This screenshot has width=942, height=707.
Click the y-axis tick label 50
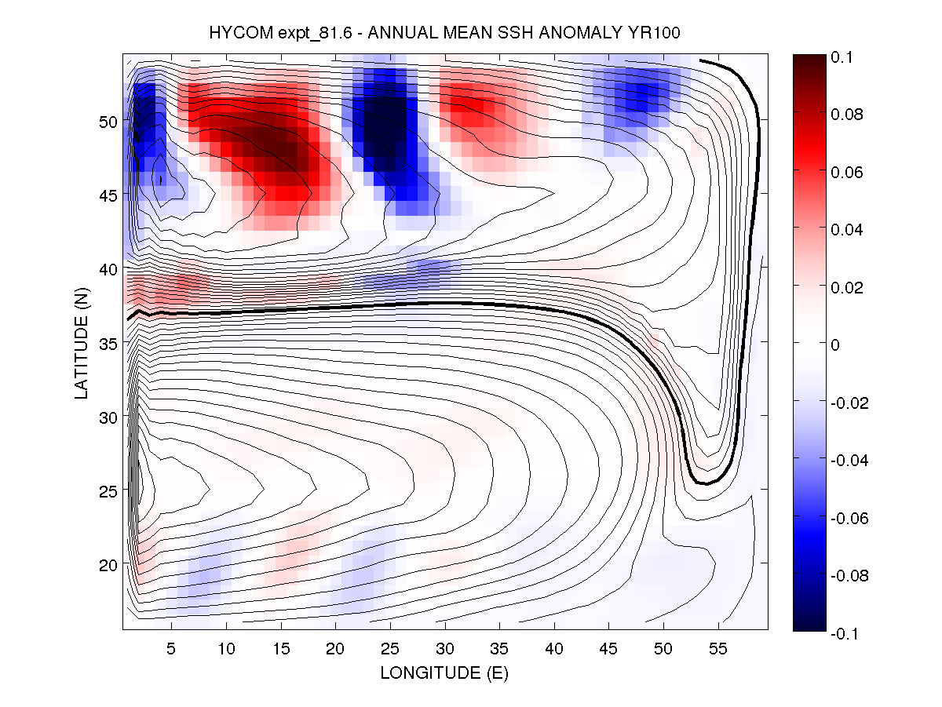[108, 121]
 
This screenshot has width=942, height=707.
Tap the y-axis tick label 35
[108, 342]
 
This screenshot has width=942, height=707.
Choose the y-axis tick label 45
[108, 195]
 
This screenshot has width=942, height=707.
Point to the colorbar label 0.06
[848, 172]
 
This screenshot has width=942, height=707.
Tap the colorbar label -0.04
[850, 460]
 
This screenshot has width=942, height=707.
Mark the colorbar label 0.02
[848, 287]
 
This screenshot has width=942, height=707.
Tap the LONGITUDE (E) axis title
[444, 673]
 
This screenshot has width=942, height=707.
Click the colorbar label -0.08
[850, 575]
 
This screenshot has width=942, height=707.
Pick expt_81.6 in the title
[308, 34]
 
